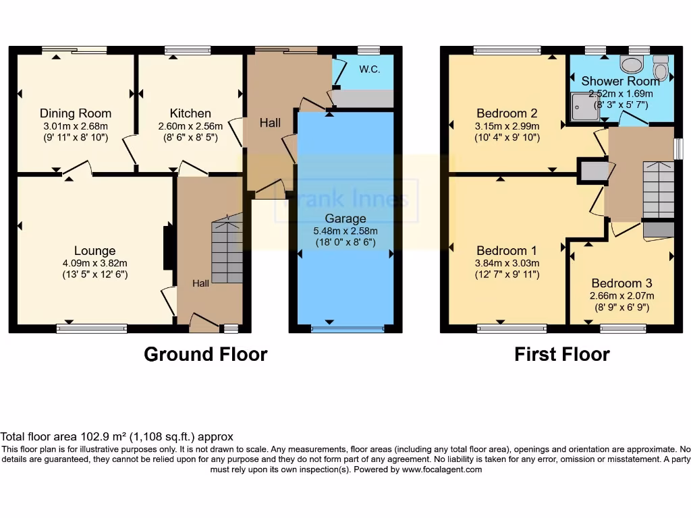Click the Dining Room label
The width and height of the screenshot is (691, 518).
point(76,113)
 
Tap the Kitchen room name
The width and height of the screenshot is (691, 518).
point(190,113)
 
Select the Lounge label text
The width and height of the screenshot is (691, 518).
point(94,251)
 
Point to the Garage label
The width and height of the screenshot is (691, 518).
point(345,219)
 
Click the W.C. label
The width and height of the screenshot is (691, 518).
point(370,69)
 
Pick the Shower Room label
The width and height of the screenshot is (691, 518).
point(621,82)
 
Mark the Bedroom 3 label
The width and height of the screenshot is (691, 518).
point(621,283)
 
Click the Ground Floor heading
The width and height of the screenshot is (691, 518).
point(205,354)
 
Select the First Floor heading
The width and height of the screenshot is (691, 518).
point(561,354)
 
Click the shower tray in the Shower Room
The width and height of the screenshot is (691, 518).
point(584,107)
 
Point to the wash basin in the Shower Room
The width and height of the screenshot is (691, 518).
point(632,65)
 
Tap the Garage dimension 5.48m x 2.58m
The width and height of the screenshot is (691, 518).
point(345,231)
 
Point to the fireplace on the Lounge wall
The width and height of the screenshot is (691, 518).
point(167,248)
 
